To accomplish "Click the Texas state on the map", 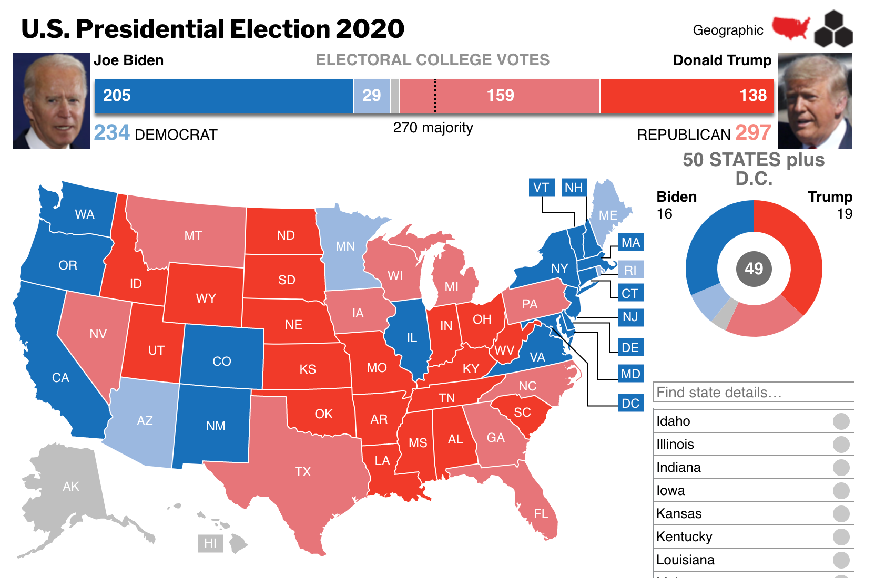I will tap(302, 471).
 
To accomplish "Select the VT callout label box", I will tap(541, 187).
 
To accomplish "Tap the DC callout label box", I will tap(630, 403).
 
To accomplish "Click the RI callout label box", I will tap(630, 270).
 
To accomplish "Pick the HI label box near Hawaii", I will tap(210, 543).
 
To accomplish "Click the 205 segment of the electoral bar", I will tap(223, 96).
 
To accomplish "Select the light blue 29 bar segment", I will tap(372, 96).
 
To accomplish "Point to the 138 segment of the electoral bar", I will tap(686, 96).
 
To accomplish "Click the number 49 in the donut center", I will tap(754, 269).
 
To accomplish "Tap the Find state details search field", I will tap(753, 393).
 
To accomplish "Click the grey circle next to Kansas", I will tap(841, 513).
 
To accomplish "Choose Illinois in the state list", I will tap(675, 444).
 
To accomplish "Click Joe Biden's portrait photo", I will tap(52, 101).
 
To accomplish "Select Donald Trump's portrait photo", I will tap(815, 101).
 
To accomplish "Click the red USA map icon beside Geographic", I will tap(790, 28).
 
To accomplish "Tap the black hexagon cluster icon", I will tap(833, 29).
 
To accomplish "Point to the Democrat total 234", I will tap(112, 133).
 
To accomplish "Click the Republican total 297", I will tap(753, 133).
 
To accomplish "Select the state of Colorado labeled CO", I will tap(221, 361).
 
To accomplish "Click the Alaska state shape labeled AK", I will tap(71, 486).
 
